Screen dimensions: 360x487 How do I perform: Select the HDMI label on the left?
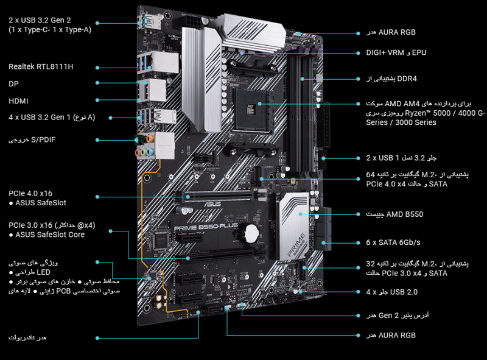coord(19,101)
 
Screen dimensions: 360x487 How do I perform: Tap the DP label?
coord(13,83)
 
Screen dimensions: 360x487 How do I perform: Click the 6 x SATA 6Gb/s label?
coord(393,242)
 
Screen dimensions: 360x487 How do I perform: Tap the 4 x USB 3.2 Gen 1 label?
coord(51,118)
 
